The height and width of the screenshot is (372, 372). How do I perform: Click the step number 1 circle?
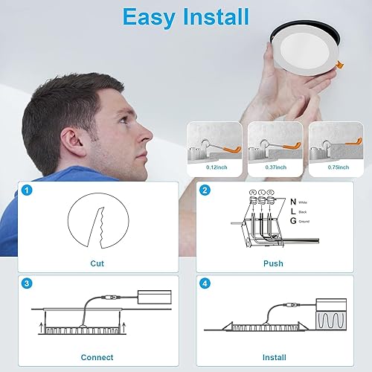pos(27,190)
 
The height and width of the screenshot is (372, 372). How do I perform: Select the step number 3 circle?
pos(27,283)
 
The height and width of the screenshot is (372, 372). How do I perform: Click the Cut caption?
pos(97,263)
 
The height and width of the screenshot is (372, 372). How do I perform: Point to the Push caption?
pos(273,263)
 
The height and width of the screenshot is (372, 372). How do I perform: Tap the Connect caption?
pos(97,356)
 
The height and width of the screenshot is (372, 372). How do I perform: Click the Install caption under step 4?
pos(273,356)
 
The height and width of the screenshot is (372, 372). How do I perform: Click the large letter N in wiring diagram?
pos(292,201)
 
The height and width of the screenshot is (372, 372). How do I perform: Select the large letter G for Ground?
pos(292,222)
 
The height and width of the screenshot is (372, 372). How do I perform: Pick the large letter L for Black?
pos(292,211)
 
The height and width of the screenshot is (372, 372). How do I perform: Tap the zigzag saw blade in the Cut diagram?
pos(95,223)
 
